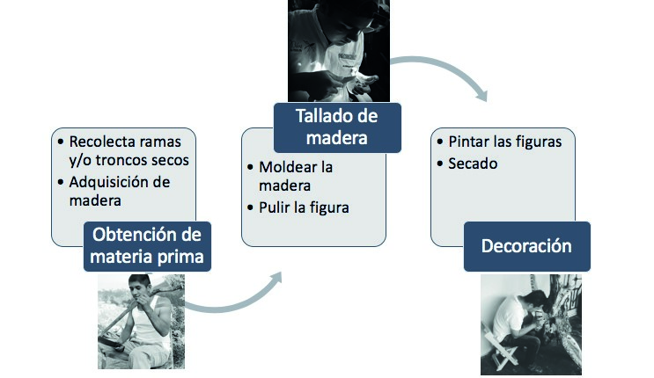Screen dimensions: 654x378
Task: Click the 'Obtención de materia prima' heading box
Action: coord(147,246)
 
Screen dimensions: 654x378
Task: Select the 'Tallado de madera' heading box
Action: coord(335,128)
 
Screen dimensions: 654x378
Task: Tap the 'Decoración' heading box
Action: coord(526,246)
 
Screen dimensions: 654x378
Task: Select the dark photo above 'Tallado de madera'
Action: coord(339,51)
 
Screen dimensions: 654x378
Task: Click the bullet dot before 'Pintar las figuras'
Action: coord(438,142)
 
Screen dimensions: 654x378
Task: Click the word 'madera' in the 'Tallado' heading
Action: coord(335,140)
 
